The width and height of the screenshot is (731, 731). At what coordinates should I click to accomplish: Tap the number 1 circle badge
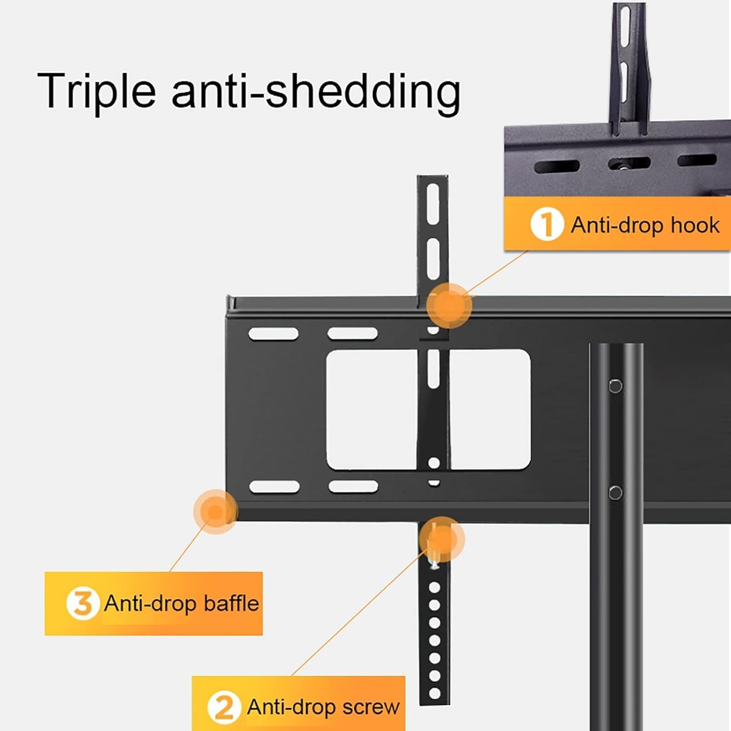547,224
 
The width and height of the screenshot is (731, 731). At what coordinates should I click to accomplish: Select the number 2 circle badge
224,707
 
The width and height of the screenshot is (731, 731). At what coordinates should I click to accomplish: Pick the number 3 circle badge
82,603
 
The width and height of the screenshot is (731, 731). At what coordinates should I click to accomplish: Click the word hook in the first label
695,225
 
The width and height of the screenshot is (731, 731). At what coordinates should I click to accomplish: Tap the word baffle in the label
231,603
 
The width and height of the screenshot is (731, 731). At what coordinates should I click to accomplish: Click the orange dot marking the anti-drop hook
449,306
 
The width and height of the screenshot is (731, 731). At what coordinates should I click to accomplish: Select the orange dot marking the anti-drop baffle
215,512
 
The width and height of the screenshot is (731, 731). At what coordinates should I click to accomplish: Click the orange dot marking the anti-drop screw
442,539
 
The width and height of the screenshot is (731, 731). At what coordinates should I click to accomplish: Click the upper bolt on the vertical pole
616,386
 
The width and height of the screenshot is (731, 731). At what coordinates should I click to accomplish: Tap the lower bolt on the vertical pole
616,492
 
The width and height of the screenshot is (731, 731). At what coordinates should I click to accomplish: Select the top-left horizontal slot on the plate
273,334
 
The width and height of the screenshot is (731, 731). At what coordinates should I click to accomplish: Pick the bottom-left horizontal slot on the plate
274,486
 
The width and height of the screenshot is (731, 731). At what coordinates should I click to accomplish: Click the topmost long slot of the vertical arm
433,204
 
